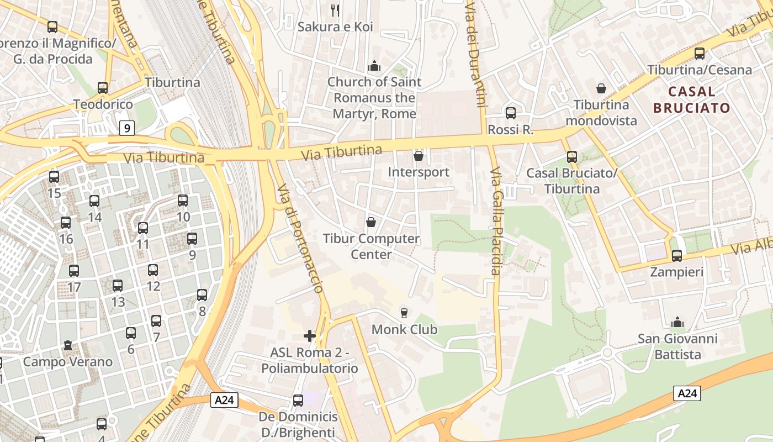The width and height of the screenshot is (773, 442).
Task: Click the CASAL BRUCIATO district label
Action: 692,99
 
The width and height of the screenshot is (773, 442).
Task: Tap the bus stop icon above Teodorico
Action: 103,87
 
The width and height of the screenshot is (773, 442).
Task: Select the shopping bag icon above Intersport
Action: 419,156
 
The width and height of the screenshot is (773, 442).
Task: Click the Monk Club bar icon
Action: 404,313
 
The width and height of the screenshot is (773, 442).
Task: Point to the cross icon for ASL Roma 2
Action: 310,335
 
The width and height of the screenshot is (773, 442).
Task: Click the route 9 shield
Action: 127,129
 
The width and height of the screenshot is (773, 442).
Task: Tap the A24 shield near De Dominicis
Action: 224,400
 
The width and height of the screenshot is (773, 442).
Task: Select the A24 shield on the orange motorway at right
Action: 687,393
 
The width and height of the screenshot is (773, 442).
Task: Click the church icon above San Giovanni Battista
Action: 677,322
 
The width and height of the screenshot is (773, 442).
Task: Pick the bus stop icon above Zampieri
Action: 677,255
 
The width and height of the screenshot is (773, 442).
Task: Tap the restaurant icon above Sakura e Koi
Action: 335,10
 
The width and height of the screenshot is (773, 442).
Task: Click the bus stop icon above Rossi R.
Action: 511,113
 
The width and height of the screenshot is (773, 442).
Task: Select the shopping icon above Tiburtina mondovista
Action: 601,88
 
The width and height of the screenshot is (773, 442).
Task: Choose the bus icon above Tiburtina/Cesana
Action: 700,54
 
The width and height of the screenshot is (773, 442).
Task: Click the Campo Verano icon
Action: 67,345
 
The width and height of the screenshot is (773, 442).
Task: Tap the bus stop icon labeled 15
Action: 54,177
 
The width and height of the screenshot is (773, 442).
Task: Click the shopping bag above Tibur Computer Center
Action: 371,222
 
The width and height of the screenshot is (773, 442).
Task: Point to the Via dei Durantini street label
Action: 476,52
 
